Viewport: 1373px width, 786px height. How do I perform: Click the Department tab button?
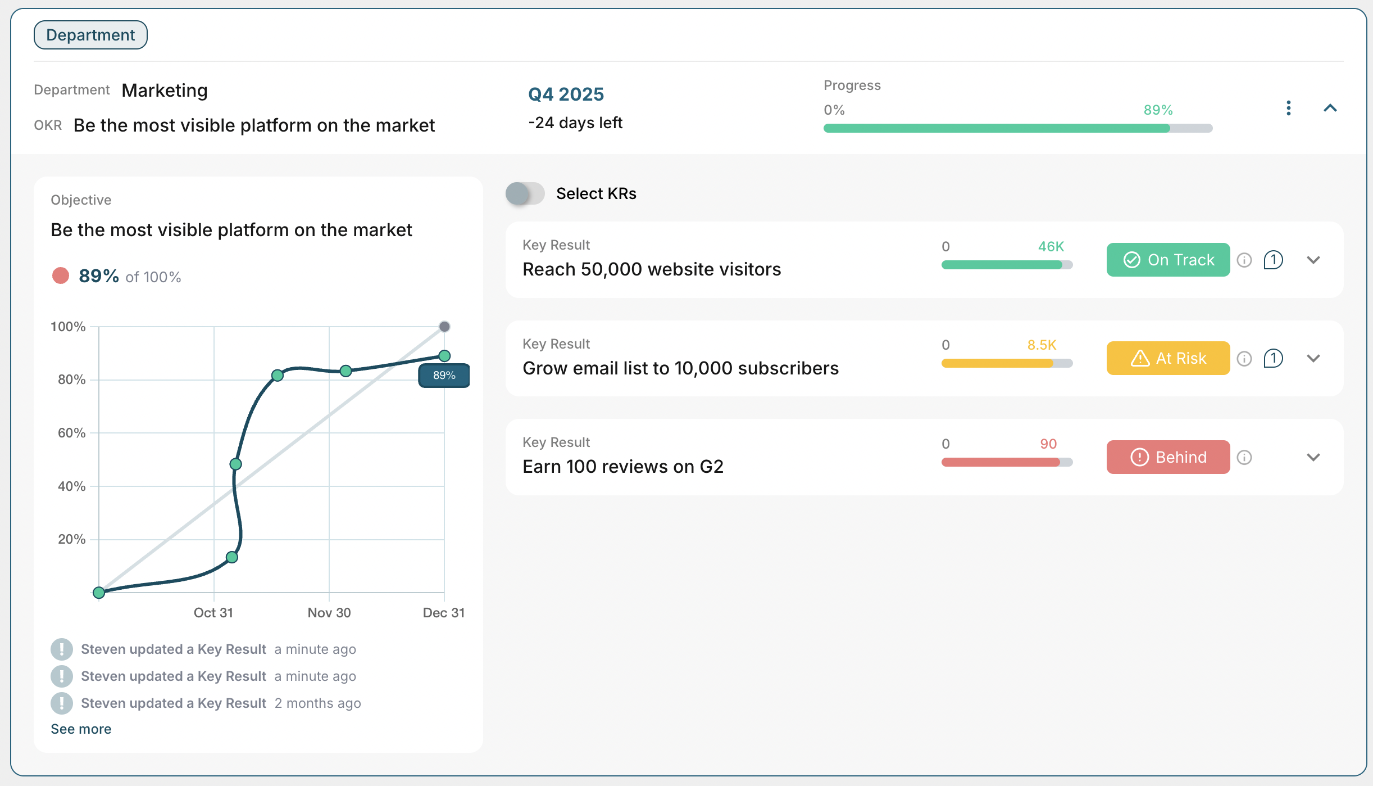point(90,35)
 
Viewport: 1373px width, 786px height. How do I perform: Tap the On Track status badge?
point(1168,260)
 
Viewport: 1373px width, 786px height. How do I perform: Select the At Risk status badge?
point(1168,358)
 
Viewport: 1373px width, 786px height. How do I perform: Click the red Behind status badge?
point(1168,457)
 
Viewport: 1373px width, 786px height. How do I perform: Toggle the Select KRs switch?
point(525,193)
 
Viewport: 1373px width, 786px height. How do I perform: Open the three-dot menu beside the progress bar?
point(1288,108)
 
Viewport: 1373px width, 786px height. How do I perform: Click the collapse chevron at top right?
point(1330,108)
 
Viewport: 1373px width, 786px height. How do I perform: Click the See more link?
point(81,729)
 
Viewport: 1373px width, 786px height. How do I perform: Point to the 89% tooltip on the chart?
point(444,376)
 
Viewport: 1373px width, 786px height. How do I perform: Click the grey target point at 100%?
point(444,327)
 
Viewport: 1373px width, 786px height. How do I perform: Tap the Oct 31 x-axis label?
point(213,612)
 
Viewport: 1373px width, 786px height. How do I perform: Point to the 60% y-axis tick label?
point(71,433)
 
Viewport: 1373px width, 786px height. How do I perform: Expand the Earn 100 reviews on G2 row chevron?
point(1313,457)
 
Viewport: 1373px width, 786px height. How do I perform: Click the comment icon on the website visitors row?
point(1273,260)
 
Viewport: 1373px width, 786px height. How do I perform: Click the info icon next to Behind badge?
point(1244,457)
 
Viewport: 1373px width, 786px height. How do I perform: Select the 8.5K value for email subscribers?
point(1042,345)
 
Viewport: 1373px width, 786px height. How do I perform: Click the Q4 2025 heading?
point(566,94)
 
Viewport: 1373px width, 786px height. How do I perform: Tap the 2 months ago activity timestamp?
point(317,703)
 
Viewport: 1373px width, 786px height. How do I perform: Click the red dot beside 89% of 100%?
point(61,275)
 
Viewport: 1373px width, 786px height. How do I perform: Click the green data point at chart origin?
point(99,592)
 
